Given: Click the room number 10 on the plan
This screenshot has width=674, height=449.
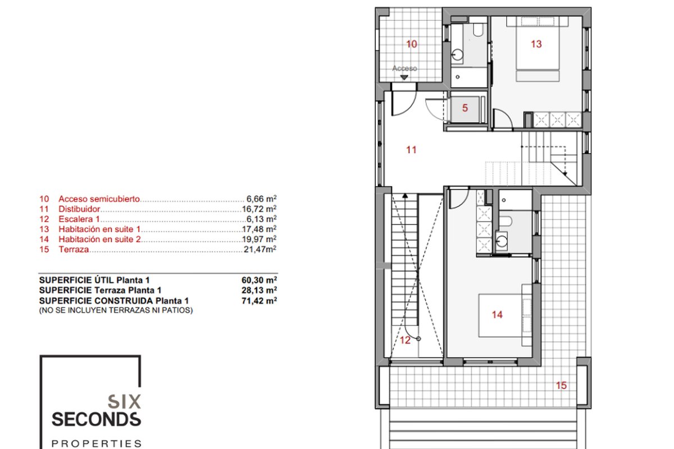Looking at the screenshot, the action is [x=412, y=44].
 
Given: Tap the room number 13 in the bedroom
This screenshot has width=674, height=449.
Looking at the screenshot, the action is [x=536, y=44].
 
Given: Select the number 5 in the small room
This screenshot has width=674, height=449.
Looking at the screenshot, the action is [x=465, y=108].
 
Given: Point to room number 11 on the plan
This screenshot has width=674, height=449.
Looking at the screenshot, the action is [x=411, y=150].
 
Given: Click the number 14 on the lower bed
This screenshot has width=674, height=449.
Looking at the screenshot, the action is [x=497, y=314].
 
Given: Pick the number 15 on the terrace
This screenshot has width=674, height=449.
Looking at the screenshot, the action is [x=561, y=385].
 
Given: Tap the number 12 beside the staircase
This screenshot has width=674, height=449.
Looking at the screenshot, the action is [x=405, y=340].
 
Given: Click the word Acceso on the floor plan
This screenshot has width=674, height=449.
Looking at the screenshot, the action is [x=404, y=68].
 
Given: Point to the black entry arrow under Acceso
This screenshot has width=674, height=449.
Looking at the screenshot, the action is [x=404, y=77].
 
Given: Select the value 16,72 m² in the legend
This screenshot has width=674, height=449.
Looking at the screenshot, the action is [x=259, y=209].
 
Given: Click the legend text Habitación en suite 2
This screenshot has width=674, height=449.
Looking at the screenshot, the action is [x=99, y=240].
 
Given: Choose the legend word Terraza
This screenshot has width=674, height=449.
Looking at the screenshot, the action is [x=74, y=249].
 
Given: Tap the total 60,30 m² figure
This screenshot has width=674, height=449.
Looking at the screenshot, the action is [x=259, y=280].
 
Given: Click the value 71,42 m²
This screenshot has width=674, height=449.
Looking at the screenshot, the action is [x=259, y=301].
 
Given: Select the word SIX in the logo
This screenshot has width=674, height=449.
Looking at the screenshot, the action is [x=124, y=401].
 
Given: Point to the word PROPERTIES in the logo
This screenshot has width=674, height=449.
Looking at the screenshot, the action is [x=96, y=443].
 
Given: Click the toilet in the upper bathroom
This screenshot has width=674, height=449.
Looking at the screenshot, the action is [x=478, y=29].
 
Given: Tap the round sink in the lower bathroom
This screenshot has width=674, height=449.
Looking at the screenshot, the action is [x=502, y=241].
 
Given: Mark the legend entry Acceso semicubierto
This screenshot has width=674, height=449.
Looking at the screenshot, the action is [x=99, y=199].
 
